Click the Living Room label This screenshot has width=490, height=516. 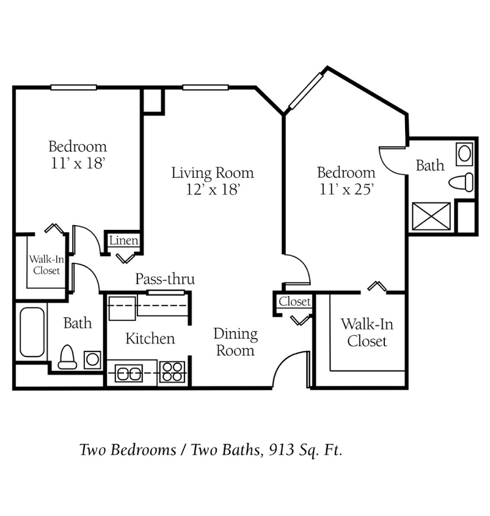tap(212, 173)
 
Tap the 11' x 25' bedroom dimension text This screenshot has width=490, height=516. tap(346, 189)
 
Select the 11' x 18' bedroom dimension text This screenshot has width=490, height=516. tap(77, 163)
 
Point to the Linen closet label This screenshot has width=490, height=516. tap(123, 241)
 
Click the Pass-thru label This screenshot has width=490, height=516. tap(165, 279)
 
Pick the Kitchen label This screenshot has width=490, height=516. tap(150, 338)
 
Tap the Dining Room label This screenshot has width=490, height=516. tap(235, 342)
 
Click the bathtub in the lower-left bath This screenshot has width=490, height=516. tap(32, 333)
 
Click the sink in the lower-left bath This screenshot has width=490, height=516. tap(92, 358)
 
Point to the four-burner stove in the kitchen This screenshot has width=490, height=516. tap(172, 371)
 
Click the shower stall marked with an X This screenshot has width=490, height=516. tap(431, 216)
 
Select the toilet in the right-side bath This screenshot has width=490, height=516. tap(461, 182)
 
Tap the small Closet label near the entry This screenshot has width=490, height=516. tap(294, 302)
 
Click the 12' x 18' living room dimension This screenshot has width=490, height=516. tap(212, 190)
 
